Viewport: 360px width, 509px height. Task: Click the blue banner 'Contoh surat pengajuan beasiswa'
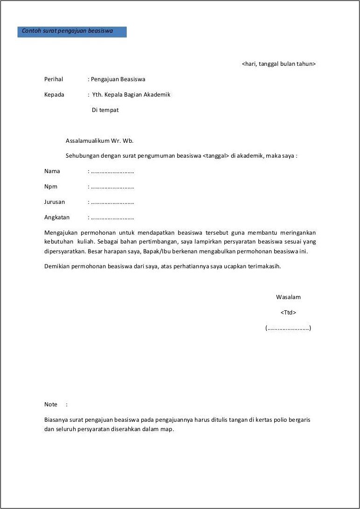coord(72,31)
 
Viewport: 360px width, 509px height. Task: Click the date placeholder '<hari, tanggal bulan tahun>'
coord(279,64)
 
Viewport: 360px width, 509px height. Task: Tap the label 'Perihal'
coord(54,79)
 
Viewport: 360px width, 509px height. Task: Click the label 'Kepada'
coord(54,95)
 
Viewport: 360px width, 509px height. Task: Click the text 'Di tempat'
coord(105,110)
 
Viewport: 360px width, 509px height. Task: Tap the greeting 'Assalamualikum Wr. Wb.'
coord(100,140)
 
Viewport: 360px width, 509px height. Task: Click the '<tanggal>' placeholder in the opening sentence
coord(216,156)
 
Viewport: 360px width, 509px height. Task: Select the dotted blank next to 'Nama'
coord(112,171)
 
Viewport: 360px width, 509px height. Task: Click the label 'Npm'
coord(51,187)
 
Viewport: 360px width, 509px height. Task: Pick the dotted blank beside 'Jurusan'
coord(112,202)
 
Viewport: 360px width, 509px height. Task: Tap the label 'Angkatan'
coord(57,217)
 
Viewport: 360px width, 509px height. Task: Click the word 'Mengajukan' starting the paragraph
coord(61,232)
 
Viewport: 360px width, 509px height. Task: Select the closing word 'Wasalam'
coord(288,297)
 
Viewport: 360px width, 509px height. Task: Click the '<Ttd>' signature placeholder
coord(288,313)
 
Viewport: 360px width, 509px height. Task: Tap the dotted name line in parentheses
coord(288,328)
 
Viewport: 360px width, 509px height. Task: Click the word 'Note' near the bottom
coord(51,404)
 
